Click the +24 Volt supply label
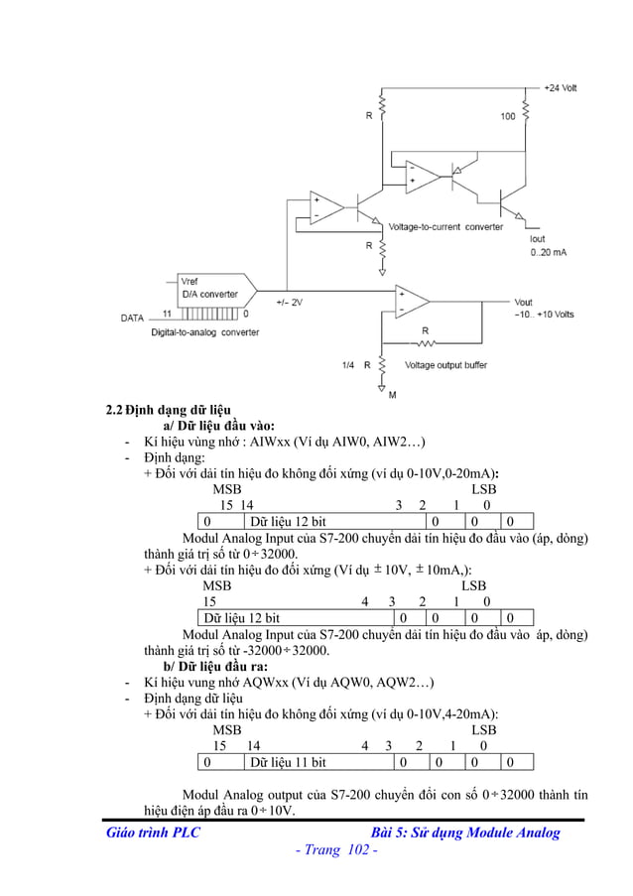pos(561,88)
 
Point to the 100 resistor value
pos(507,116)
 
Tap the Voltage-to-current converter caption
pos(445,227)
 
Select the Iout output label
pos(537,239)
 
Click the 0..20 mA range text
pos(548,253)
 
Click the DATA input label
pos(133,319)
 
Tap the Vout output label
pos(524,302)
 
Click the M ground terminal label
pos(392,395)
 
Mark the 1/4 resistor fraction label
pos(347,365)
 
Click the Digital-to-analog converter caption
pos(204,333)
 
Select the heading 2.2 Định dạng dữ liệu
pos(169,410)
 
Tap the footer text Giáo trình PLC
pos(153,832)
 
